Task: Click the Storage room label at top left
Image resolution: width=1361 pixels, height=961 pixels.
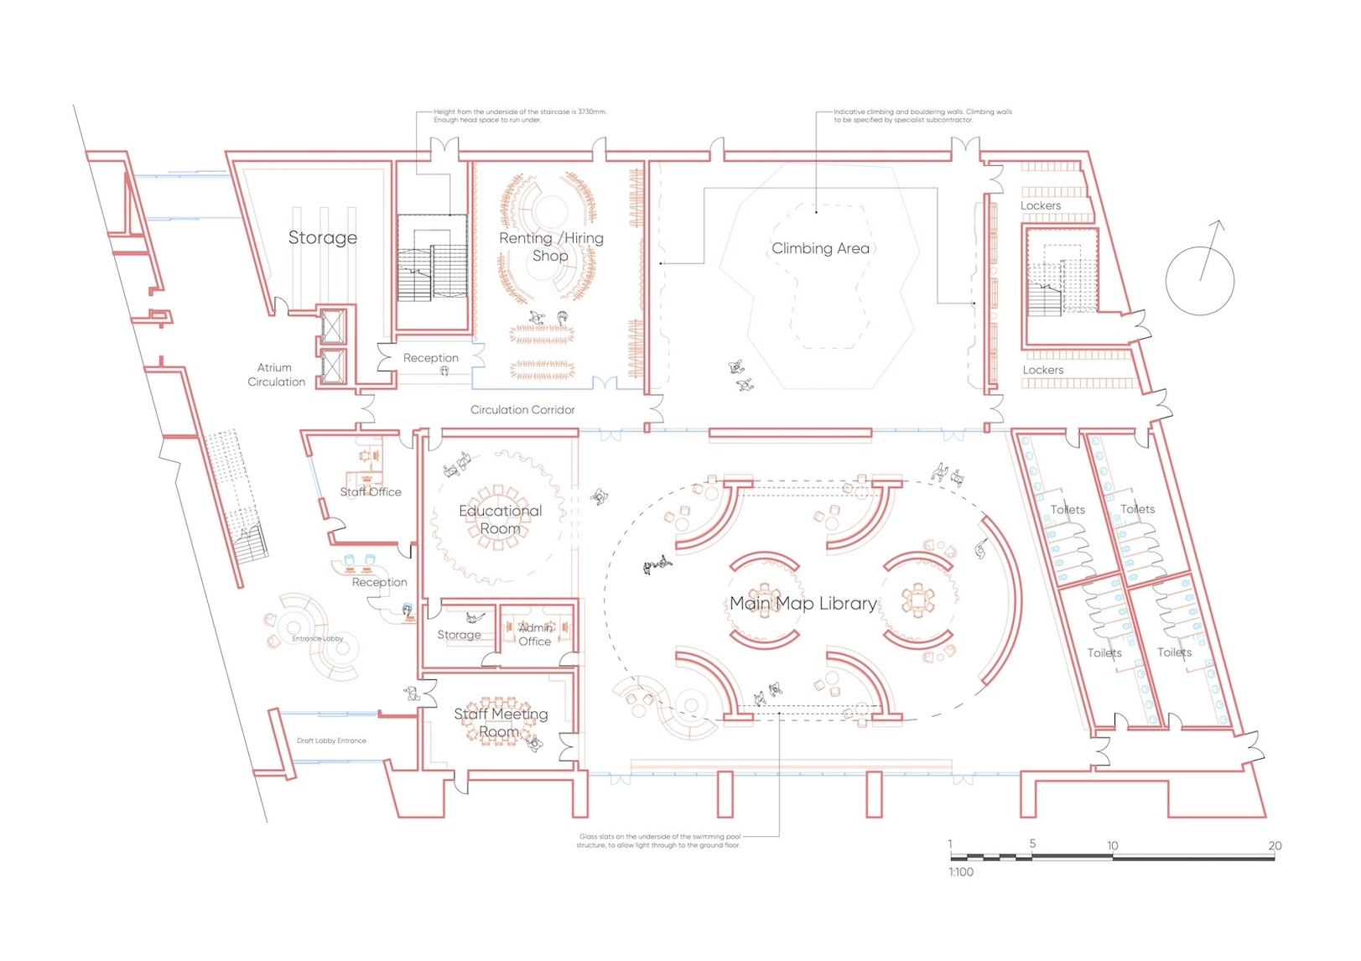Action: click(323, 238)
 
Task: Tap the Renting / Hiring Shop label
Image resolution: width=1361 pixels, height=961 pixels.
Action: click(551, 247)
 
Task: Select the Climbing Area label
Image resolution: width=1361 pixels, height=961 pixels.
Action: click(820, 248)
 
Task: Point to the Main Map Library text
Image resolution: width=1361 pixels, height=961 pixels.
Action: click(803, 604)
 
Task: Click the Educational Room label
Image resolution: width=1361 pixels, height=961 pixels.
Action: click(501, 520)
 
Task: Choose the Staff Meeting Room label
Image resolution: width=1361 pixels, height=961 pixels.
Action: click(501, 723)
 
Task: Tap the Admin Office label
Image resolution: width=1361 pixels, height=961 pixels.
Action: click(535, 635)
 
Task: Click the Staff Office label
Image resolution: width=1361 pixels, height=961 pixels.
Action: click(371, 492)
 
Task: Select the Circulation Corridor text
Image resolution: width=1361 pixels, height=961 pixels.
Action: click(522, 410)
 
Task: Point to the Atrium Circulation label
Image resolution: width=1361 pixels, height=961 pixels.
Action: click(276, 375)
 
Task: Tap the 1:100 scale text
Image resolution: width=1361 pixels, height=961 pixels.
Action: click(961, 872)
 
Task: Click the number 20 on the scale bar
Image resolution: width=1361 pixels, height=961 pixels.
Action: click(1275, 845)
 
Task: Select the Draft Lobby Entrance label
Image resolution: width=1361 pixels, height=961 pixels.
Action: click(331, 741)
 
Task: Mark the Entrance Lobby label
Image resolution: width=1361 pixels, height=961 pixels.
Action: click(318, 639)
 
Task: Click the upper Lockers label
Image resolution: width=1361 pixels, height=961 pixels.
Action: click(1041, 205)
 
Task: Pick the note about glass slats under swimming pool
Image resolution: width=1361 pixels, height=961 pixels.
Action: click(659, 841)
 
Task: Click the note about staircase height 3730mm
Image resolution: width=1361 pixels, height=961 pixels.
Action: click(519, 116)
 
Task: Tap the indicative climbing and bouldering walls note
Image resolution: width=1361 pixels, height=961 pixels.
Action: click(922, 116)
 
